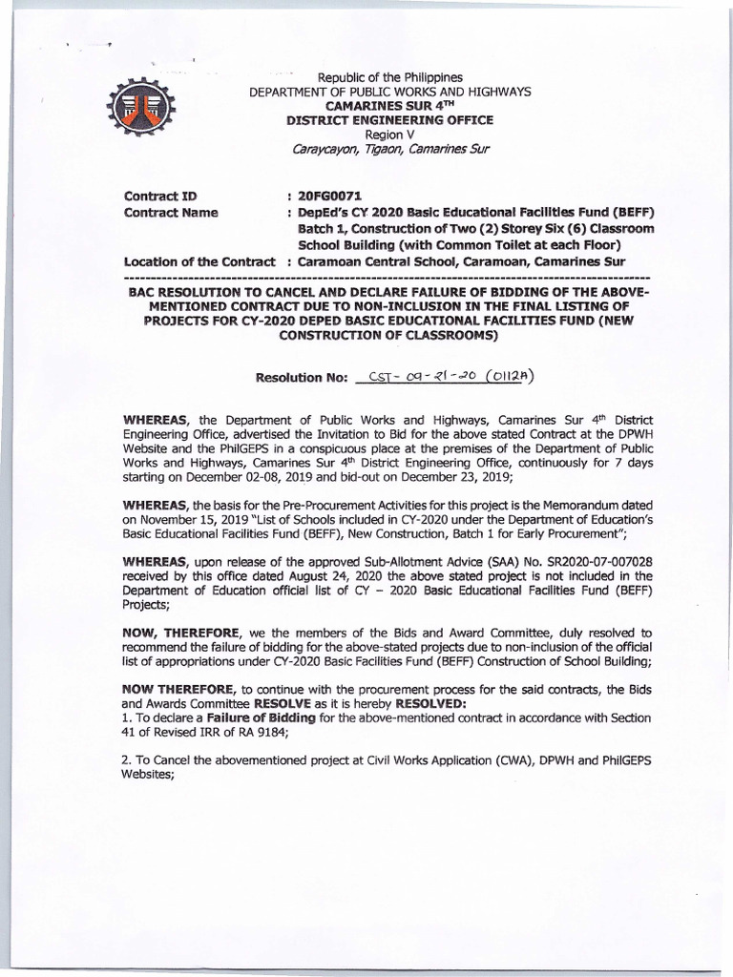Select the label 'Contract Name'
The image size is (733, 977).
coord(172,212)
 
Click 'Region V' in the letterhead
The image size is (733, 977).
coord(389,135)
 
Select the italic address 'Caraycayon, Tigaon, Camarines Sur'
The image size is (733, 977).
coord(389,152)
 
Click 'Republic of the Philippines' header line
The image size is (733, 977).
coord(389,75)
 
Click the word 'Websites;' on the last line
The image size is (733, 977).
coord(148,777)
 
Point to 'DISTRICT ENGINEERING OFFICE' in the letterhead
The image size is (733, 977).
coord(389,120)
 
